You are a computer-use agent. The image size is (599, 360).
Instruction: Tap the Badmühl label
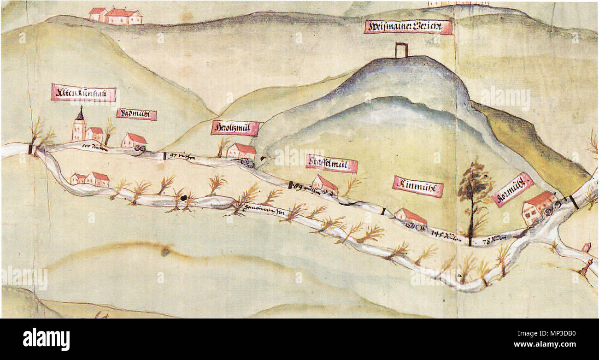click(136, 114)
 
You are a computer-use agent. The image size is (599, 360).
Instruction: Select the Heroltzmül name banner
click(235, 128)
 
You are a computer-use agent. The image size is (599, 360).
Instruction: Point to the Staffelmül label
click(332, 164)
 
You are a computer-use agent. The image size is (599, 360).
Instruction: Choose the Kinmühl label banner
click(418, 186)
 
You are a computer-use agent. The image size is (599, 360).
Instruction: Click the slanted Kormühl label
click(512, 189)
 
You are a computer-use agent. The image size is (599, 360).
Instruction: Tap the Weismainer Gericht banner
click(408, 27)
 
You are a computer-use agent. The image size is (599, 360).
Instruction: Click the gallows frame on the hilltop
click(401, 50)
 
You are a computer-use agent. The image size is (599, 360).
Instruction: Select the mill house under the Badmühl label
click(134, 140)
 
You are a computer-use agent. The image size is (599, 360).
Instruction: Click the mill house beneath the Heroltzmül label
click(241, 151)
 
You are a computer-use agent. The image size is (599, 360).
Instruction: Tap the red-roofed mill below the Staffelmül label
click(325, 184)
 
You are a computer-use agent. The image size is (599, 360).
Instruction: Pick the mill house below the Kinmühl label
click(410, 216)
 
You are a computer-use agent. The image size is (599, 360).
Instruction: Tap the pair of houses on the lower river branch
click(90, 179)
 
